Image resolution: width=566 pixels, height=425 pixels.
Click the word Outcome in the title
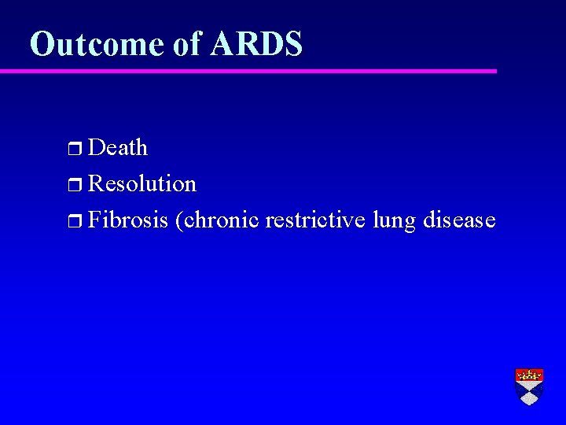click(x=96, y=44)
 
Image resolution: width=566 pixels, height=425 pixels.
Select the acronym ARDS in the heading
click(x=256, y=44)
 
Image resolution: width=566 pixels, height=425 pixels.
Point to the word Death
click(x=118, y=147)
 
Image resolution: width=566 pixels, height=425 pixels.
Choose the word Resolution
click(x=142, y=183)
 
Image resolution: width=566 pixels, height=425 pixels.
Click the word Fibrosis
click(x=128, y=220)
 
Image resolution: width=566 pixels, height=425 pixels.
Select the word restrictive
click(x=315, y=220)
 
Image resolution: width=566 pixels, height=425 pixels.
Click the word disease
click(x=459, y=220)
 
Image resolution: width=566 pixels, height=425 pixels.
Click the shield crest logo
click(x=529, y=386)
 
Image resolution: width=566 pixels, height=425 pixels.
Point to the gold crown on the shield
click(x=529, y=375)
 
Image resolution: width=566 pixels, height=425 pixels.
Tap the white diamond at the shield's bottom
click(x=529, y=396)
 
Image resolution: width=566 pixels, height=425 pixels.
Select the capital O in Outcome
click(x=42, y=44)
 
